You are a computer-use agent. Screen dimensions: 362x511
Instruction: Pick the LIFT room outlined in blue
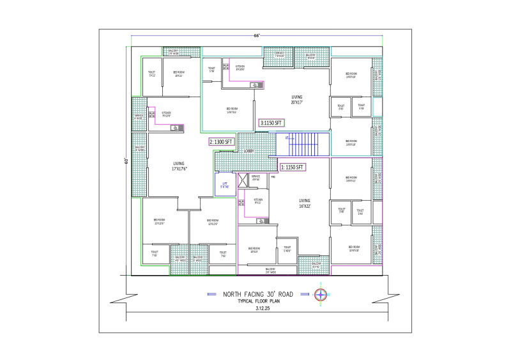pos(225,185)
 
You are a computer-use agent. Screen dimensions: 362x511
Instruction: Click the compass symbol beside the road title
pos(323,295)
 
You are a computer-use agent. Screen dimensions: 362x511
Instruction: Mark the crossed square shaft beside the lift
pos(242,180)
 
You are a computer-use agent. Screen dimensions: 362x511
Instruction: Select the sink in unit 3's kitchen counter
pos(255,84)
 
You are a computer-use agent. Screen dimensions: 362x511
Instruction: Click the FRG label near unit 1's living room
pos(273,177)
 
